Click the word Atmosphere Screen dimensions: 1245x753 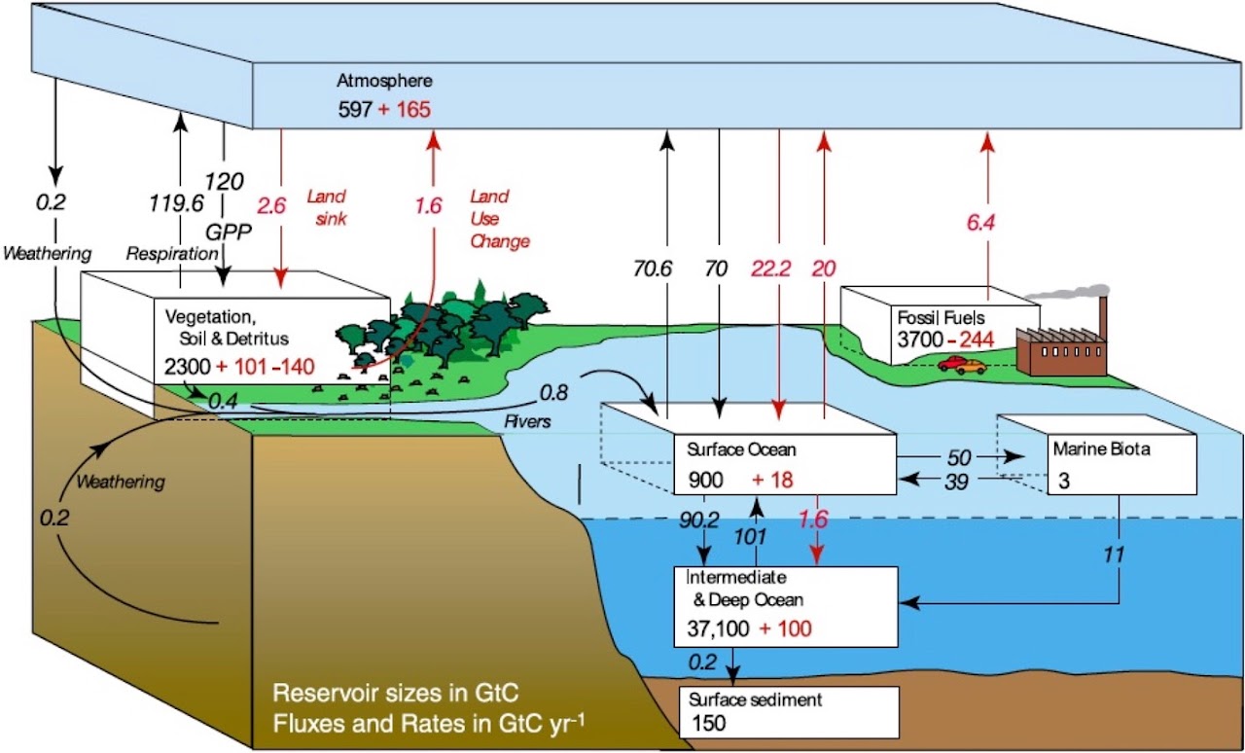384,81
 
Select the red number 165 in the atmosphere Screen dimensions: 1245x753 413,109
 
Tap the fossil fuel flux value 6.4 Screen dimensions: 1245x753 980,223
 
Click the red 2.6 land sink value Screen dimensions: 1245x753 271,206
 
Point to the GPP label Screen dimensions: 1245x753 229,232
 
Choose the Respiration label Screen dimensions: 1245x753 172,254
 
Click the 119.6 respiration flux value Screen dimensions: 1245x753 176,203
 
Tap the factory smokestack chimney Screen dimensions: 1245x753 1102,318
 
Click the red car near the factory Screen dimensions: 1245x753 951,363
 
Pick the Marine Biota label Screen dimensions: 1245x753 1102,448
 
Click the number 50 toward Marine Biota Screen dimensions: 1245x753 959,457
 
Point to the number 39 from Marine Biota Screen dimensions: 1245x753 956,482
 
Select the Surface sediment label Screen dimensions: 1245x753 756,699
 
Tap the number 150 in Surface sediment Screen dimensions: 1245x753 709,723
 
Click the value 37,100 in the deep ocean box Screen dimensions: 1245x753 718,628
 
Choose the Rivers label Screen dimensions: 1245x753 527,421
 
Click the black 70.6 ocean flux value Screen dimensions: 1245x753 653,269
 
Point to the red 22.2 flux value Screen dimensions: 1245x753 771,269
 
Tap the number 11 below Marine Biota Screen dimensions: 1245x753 1114,554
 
